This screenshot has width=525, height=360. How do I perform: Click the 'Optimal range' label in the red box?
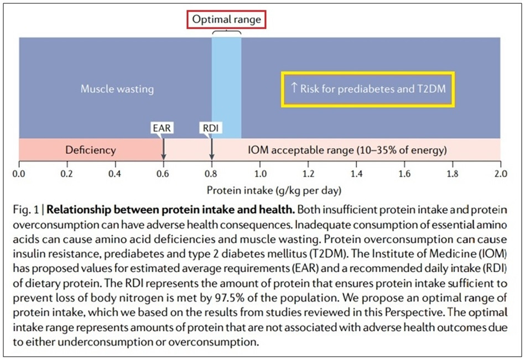pos(226,20)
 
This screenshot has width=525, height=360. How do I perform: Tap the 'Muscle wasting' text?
pos(117,88)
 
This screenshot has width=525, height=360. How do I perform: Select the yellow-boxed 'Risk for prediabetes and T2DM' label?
pos(368,88)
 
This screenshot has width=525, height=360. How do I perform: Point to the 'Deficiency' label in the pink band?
pos(91,150)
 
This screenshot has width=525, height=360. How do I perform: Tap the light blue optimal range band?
pos(226,83)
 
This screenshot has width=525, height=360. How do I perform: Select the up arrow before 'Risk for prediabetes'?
pos(294,88)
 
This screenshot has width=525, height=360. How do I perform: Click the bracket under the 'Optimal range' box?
pos(226,33)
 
